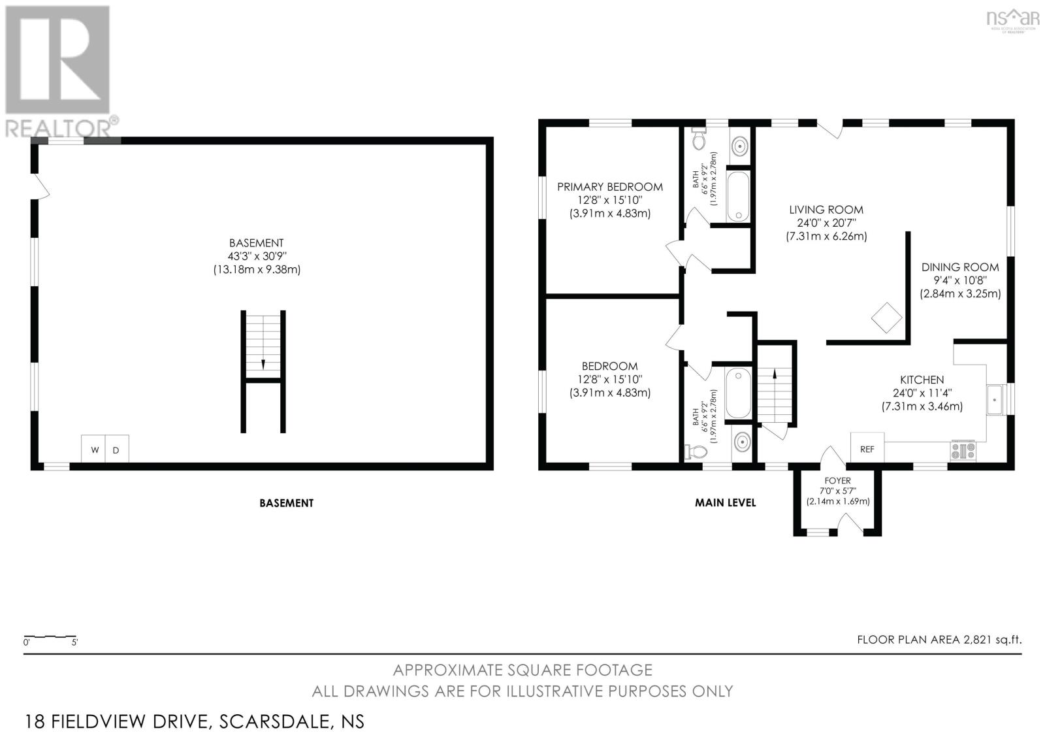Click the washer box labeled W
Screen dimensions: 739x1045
[93, 450]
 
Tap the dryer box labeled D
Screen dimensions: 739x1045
[116, 450]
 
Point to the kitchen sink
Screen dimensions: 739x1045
[995, 399]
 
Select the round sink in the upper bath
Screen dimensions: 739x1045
[739, 145]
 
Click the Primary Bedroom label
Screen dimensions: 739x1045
[609, 187]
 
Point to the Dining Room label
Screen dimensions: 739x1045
[959, 267]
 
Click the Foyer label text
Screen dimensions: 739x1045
[837, 480]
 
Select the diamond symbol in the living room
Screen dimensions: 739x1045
[886, 318]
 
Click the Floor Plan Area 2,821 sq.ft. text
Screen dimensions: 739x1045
[939, 640]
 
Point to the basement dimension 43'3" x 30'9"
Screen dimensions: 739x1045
[256, 256]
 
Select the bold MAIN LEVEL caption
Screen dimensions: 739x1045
[725, 502]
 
